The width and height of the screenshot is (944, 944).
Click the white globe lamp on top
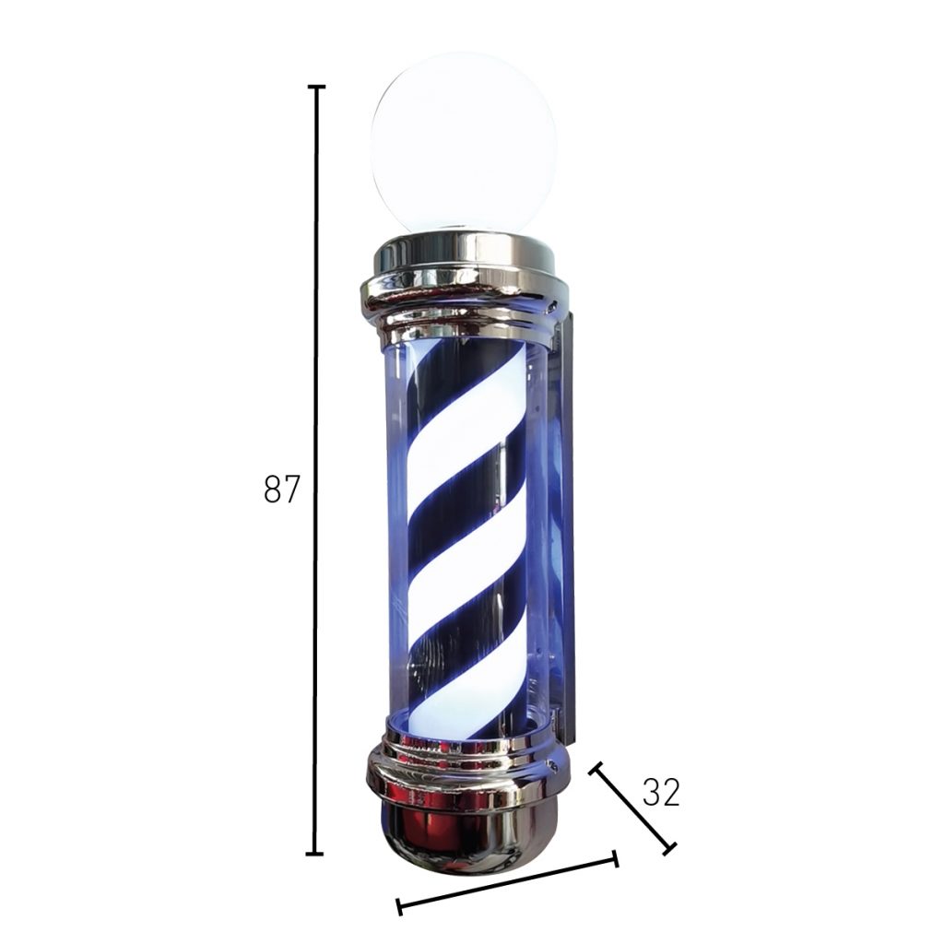coord(464,141)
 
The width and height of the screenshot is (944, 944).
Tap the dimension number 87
coord(281,490)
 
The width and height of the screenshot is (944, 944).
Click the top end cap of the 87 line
coord(317,88)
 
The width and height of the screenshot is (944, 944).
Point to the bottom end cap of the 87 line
coord(315,853)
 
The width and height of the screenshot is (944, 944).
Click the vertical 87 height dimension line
coord(316,470)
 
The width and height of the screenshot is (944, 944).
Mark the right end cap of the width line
coord(615,858)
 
